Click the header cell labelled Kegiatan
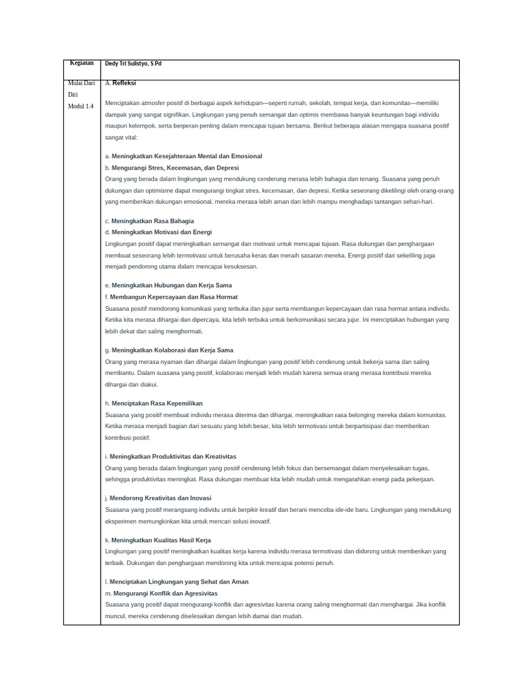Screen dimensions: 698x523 pos(81,63)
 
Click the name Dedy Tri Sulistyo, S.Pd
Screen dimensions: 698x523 pos(133,64)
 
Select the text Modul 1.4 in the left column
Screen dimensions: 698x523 pos(80,106)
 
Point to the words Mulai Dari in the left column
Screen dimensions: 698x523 pos(81,82)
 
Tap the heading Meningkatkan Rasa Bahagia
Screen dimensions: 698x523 pos(153,221)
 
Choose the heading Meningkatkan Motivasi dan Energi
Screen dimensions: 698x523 pos(161,232)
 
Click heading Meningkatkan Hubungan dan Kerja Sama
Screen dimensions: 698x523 pos(172,286)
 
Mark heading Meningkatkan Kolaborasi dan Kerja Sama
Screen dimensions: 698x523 pos(172,350)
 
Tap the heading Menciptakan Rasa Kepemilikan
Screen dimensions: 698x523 pos(157,404)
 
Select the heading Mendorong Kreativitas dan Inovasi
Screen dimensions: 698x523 pos(160,498)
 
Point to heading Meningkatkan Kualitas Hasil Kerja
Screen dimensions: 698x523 pos(161,540)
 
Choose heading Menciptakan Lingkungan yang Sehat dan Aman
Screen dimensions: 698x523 pos(179,581)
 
